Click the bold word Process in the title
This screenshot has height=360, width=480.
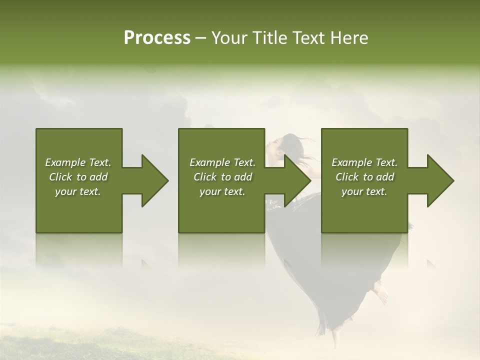point(157,38)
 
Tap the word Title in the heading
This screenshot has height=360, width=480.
point(268,38)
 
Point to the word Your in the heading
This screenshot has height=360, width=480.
point(230,38)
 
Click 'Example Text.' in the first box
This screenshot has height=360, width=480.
point(78,162)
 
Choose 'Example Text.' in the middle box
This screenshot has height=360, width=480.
point(222,162)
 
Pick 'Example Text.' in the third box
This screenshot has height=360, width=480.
point(364,162)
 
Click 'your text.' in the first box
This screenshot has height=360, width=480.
point(78,191)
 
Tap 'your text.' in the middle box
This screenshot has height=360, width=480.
point(222,191)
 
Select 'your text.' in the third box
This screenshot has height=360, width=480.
point(364,191)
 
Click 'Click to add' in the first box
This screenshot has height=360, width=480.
point(78,177)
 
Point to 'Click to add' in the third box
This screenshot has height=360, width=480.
point(364,177)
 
